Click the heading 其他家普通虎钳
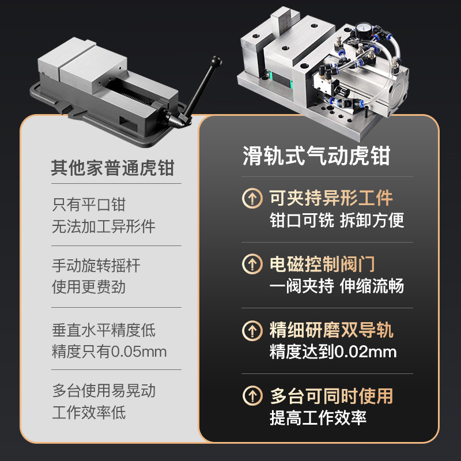[112, 169]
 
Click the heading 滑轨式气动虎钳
[316, 156]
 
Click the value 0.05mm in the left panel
[138, 352]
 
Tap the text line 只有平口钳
[89, 204]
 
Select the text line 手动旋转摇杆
[96, 266]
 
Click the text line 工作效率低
[89, 412]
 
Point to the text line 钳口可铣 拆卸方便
[337, 220]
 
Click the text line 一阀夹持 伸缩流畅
[337, 286]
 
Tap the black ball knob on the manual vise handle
[217, 60]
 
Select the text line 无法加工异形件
[104, 226]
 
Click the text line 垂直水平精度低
[104, 330]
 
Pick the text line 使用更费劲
[89, 287]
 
